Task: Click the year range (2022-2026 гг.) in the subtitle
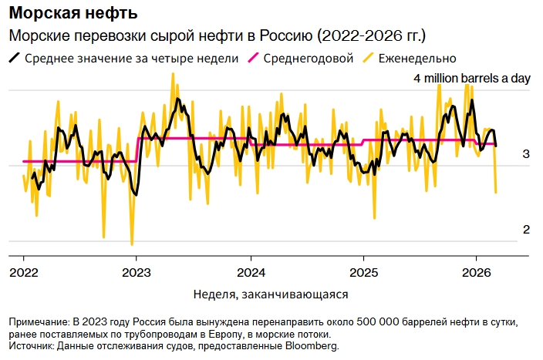tap(371, 36)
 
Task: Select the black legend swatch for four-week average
tap(15, 58)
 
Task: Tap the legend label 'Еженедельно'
tap(417, 58)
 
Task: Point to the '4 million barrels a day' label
tap(472, 79)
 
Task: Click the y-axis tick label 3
tap(526, 155)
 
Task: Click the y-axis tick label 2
tap(526, 230)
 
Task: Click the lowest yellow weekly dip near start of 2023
tap(132, 244)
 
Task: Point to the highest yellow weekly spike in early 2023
tap(173, 73)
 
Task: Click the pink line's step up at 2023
tap(137, 150)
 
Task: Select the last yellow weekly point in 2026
tap(496, 192)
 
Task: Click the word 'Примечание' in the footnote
tap(38, 321)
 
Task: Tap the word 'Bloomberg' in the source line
tap(312, 347)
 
